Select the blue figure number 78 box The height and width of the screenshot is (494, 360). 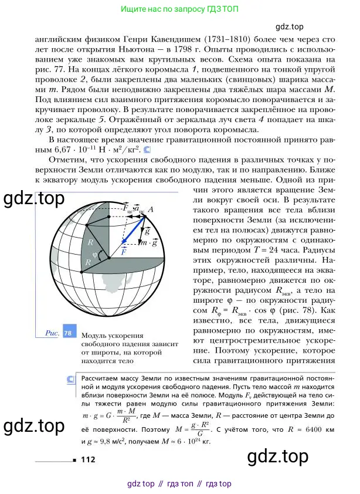68,333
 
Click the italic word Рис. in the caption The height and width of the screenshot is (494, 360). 53,333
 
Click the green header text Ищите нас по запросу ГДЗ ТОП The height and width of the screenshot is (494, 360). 179,10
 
